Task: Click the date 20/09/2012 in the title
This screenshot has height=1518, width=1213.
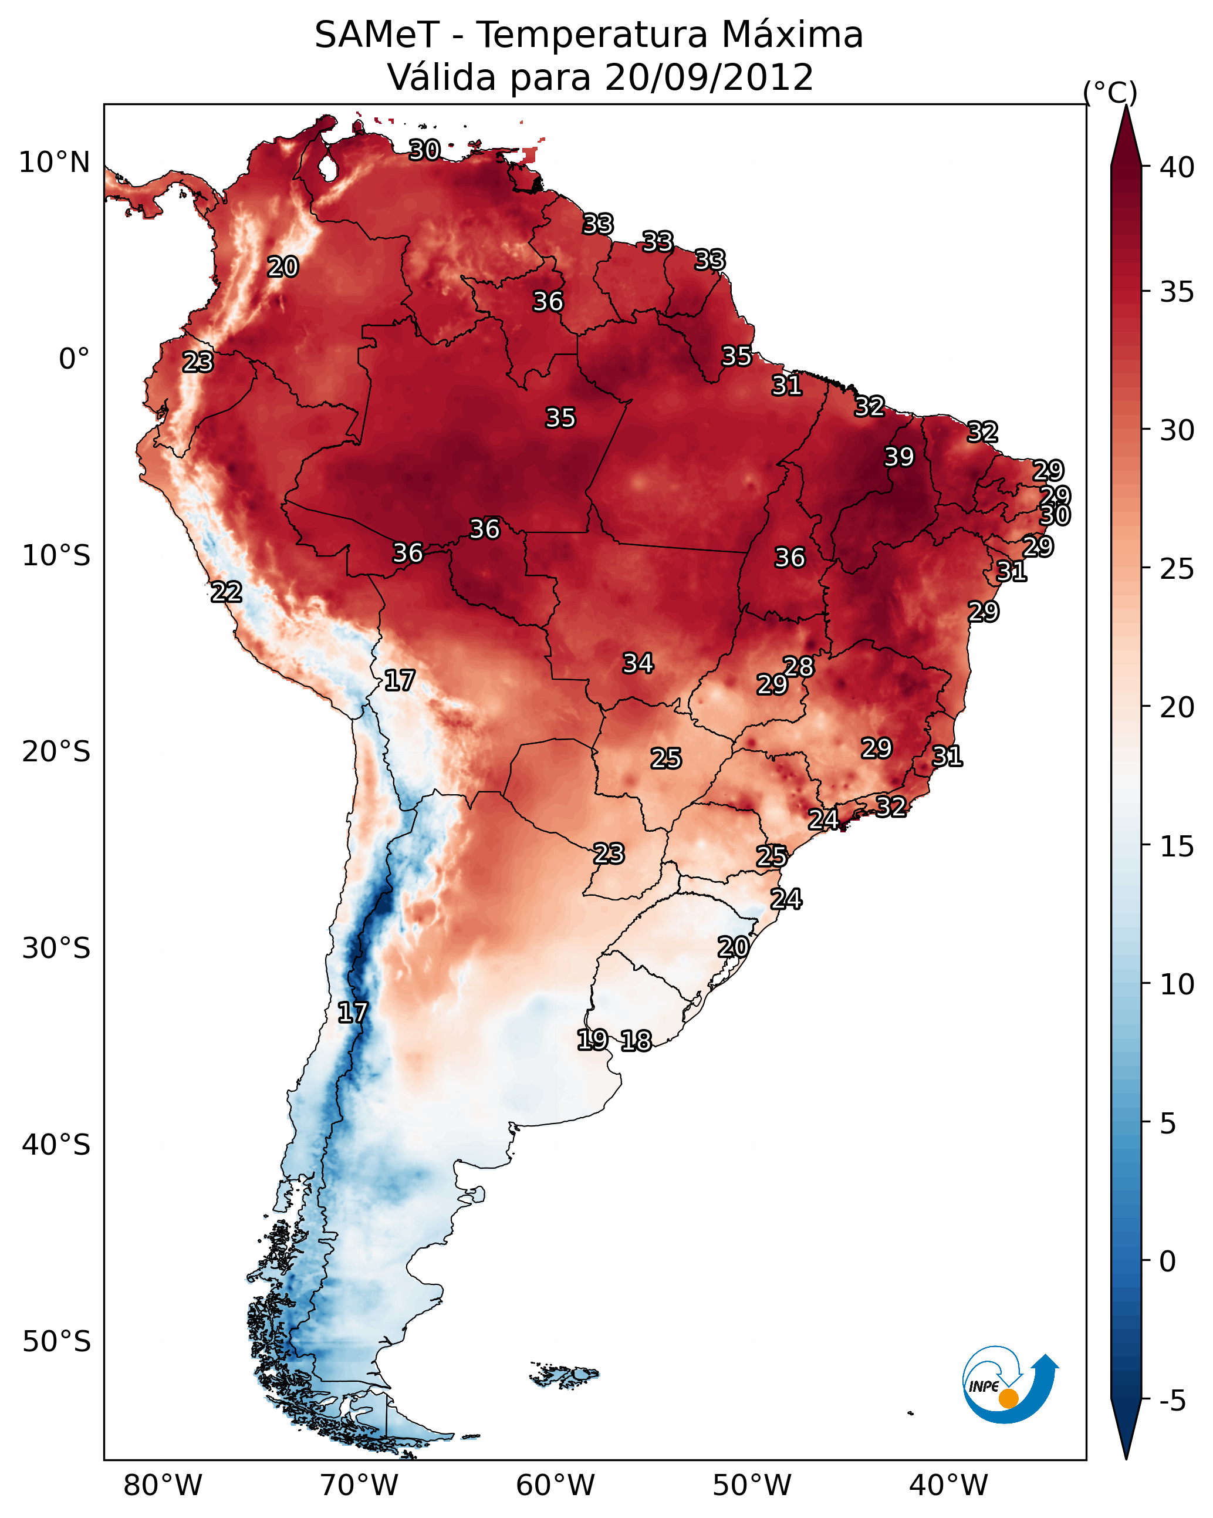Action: pos(708,78)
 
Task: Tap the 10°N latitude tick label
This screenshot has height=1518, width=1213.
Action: pos(54,163)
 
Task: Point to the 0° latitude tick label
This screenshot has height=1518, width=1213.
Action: pos(74,359)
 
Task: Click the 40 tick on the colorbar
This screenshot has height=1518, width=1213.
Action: pos(1177,167)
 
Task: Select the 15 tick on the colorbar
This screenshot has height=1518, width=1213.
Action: pos(1177,847)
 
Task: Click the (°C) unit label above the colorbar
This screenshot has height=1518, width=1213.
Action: pos(1110,92)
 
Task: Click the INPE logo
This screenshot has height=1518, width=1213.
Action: pos(1009,1385)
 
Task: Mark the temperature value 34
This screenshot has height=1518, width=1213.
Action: pos(638,663)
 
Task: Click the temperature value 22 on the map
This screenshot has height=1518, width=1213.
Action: pos(226,592)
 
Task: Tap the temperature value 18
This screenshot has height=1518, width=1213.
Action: pos(636,1041)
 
